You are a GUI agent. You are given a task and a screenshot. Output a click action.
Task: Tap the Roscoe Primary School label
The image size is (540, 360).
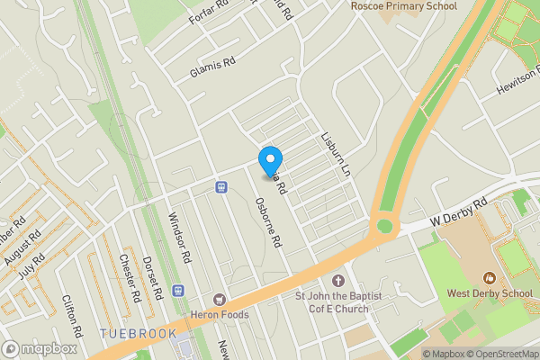tap(403, 6)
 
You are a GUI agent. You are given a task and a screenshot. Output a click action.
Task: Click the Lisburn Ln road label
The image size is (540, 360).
tap(335, 155)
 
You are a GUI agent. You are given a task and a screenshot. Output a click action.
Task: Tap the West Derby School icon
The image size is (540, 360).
tap(490, 278)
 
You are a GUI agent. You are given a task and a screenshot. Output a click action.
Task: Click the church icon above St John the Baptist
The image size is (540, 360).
tap(338, 281)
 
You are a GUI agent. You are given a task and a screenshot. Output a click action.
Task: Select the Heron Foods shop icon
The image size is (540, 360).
tap(218, 299)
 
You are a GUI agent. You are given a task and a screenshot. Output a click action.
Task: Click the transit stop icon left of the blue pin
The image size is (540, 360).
tap(221, 186)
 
